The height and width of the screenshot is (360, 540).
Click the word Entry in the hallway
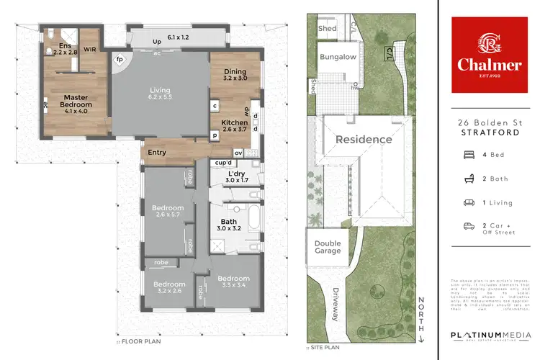coord(157,153)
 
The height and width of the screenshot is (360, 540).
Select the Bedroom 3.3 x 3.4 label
coord(233,282)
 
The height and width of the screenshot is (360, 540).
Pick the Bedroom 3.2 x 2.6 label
coord(169,288)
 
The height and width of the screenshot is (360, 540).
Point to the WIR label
coord(91,50)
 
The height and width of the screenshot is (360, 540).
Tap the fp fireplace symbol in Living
coord(120,60)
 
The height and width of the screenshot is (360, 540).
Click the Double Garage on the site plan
coord(328,248)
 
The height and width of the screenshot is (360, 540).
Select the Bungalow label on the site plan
coord(338,57)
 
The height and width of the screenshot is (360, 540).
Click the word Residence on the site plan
coord(364,139)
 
